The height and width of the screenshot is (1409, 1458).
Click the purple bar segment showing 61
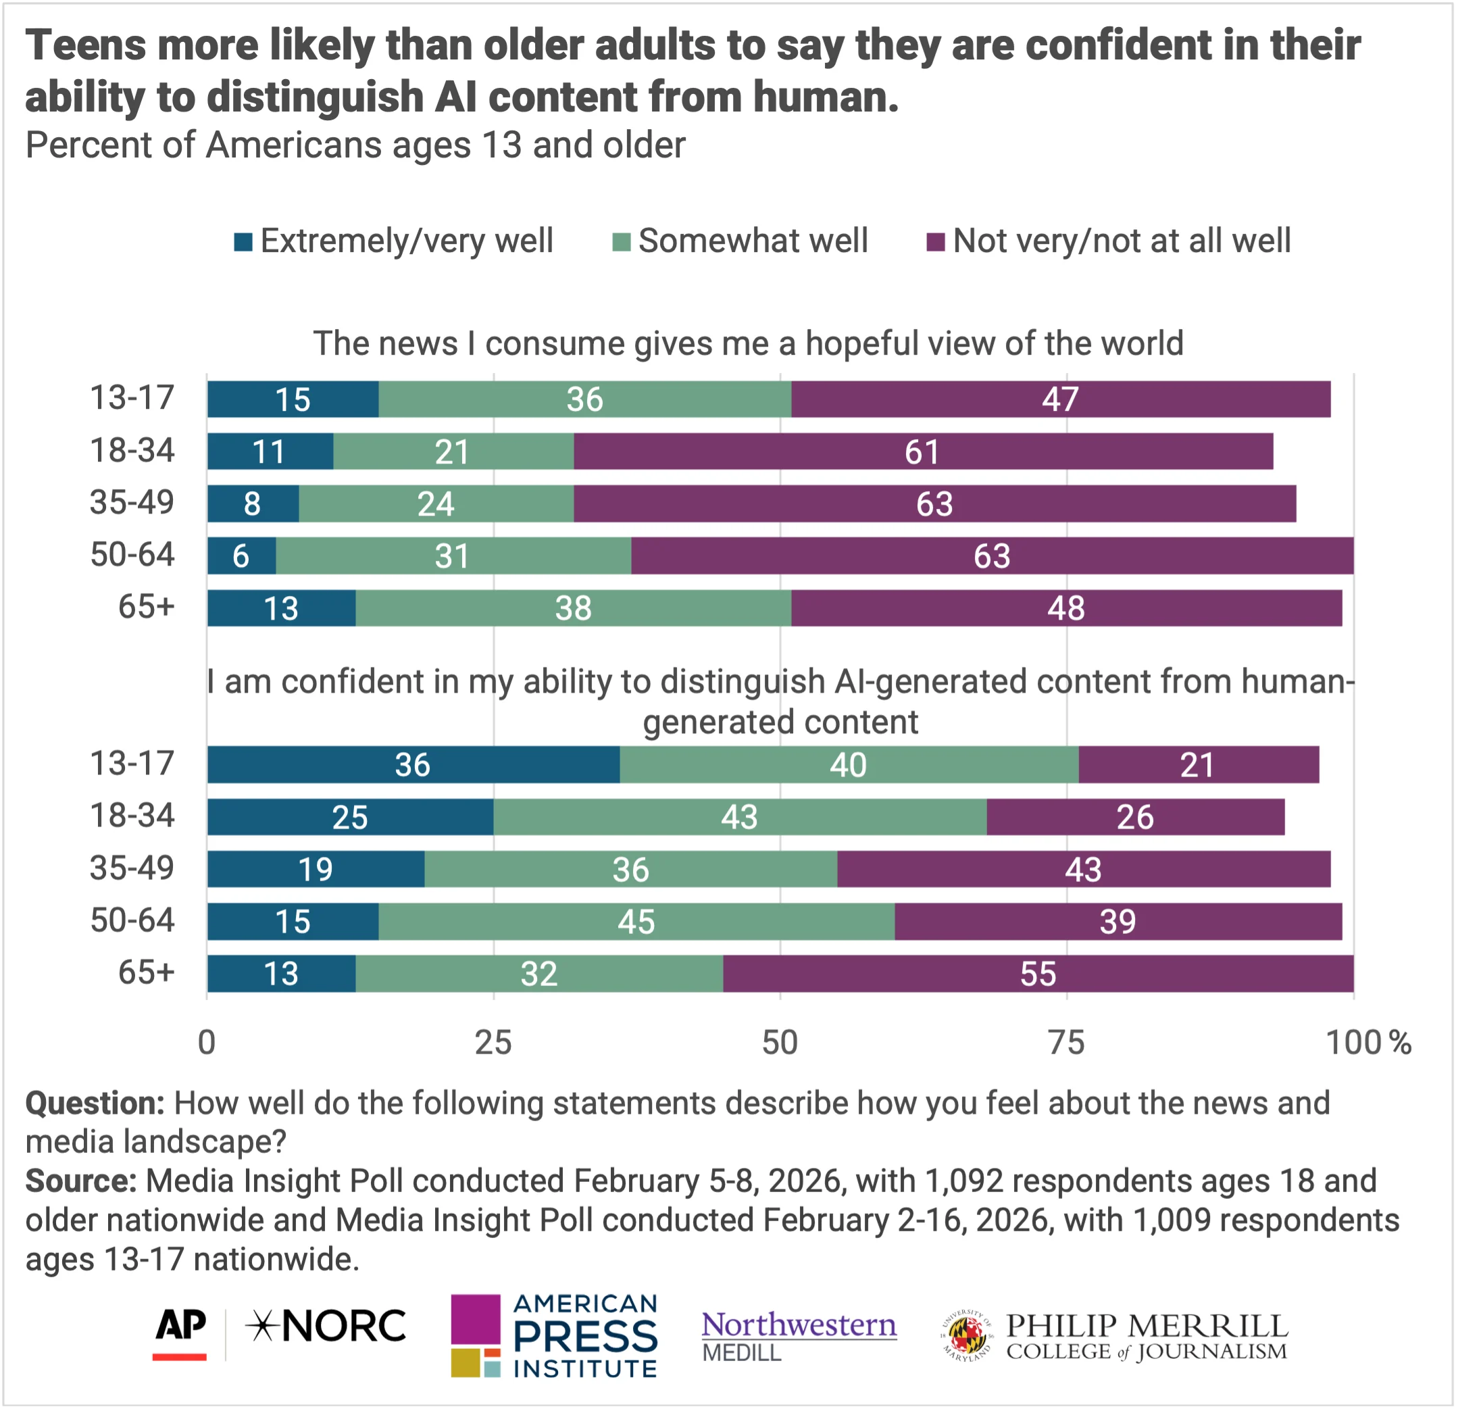click(x=922, y=451)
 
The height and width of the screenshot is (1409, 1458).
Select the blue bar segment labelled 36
click(x=413, y=765)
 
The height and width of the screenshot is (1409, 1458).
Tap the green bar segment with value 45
click(x=636, y=922)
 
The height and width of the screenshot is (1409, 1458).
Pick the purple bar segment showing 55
click(x=1038, y=974)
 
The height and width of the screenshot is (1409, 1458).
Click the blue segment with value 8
click(x=253, y=503)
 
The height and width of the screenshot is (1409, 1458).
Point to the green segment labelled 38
click(x=573, y=608)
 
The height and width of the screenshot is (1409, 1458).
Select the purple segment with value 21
click(x=1198, y=765)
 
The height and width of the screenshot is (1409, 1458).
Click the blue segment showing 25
click(x=349, y=818)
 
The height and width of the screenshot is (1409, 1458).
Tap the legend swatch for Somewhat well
click(x=621, y=242)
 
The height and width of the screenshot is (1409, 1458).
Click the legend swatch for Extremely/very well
click(x=243, y=242)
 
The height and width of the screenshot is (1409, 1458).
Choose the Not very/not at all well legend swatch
click(x=935, y=242)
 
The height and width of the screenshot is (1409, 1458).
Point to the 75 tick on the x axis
click(x=1066, y=1043)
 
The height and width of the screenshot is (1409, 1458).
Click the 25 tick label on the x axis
click(x=493, y=1043)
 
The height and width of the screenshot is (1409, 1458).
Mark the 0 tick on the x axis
click(x=207, y=1043)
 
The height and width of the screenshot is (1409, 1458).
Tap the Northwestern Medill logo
click(x=799, y=1336)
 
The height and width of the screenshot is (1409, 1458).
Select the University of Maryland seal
click(x=967, y=1336)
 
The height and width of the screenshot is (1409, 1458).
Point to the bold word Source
click(x=80, y=1181)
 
